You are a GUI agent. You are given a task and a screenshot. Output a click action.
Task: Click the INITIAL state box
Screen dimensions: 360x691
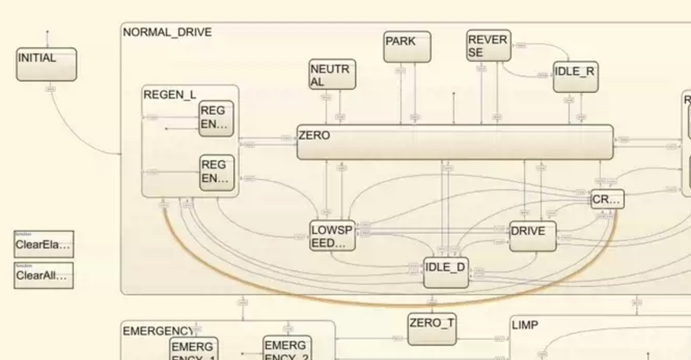tap(46, 64)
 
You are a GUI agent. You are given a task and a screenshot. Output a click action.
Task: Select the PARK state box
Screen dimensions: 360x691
tap(407, 47)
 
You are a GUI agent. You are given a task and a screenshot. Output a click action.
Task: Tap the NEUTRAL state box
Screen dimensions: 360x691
tap(332, 75)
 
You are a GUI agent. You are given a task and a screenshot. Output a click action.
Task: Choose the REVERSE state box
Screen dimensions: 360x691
tap(488, 46)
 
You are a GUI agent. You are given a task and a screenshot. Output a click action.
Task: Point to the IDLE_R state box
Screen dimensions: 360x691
tap(575, 77)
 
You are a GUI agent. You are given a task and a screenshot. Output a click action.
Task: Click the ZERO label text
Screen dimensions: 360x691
tap(314, 136)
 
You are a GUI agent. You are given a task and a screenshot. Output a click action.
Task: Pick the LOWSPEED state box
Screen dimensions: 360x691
tap(333, 236)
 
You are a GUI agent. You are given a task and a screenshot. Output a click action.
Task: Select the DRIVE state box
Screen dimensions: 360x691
tap(533, 236)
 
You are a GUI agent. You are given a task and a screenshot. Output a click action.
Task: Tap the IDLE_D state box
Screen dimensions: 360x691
tap(446, 272)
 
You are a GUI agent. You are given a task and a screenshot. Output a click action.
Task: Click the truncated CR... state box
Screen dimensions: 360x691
tap(607, 199)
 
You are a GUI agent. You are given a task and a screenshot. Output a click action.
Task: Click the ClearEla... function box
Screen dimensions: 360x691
tap(44, 245)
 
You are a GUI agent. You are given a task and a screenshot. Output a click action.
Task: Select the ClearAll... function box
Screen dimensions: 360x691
tap(44, 275)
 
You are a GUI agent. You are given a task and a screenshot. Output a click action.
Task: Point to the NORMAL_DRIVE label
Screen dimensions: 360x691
tap(167, 32)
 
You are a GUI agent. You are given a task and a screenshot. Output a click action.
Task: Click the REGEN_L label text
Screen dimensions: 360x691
tap(170, 95)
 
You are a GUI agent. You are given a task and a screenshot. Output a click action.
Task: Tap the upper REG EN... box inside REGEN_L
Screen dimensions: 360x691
tap(216, 118)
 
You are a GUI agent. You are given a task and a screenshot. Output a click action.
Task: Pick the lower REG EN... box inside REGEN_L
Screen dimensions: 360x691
tap(217, 172)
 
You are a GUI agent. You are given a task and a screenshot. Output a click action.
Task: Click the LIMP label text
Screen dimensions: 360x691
tap(524, 325)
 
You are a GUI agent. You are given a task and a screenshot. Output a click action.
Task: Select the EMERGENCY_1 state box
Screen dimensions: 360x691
tap(194, 349)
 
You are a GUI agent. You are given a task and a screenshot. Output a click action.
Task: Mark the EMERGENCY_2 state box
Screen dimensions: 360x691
tap(287, 349)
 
